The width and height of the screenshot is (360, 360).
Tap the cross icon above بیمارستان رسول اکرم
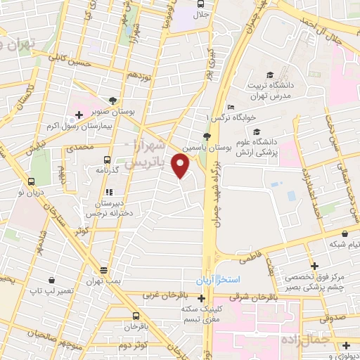pos(79,113)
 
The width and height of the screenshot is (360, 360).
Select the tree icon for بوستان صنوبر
pos(114,101)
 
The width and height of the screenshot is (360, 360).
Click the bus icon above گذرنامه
pos(107,160)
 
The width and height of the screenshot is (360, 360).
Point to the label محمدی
pos(79,149)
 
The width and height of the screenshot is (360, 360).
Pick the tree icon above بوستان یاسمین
pos(206,136)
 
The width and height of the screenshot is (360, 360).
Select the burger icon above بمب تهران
pos(104,270)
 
